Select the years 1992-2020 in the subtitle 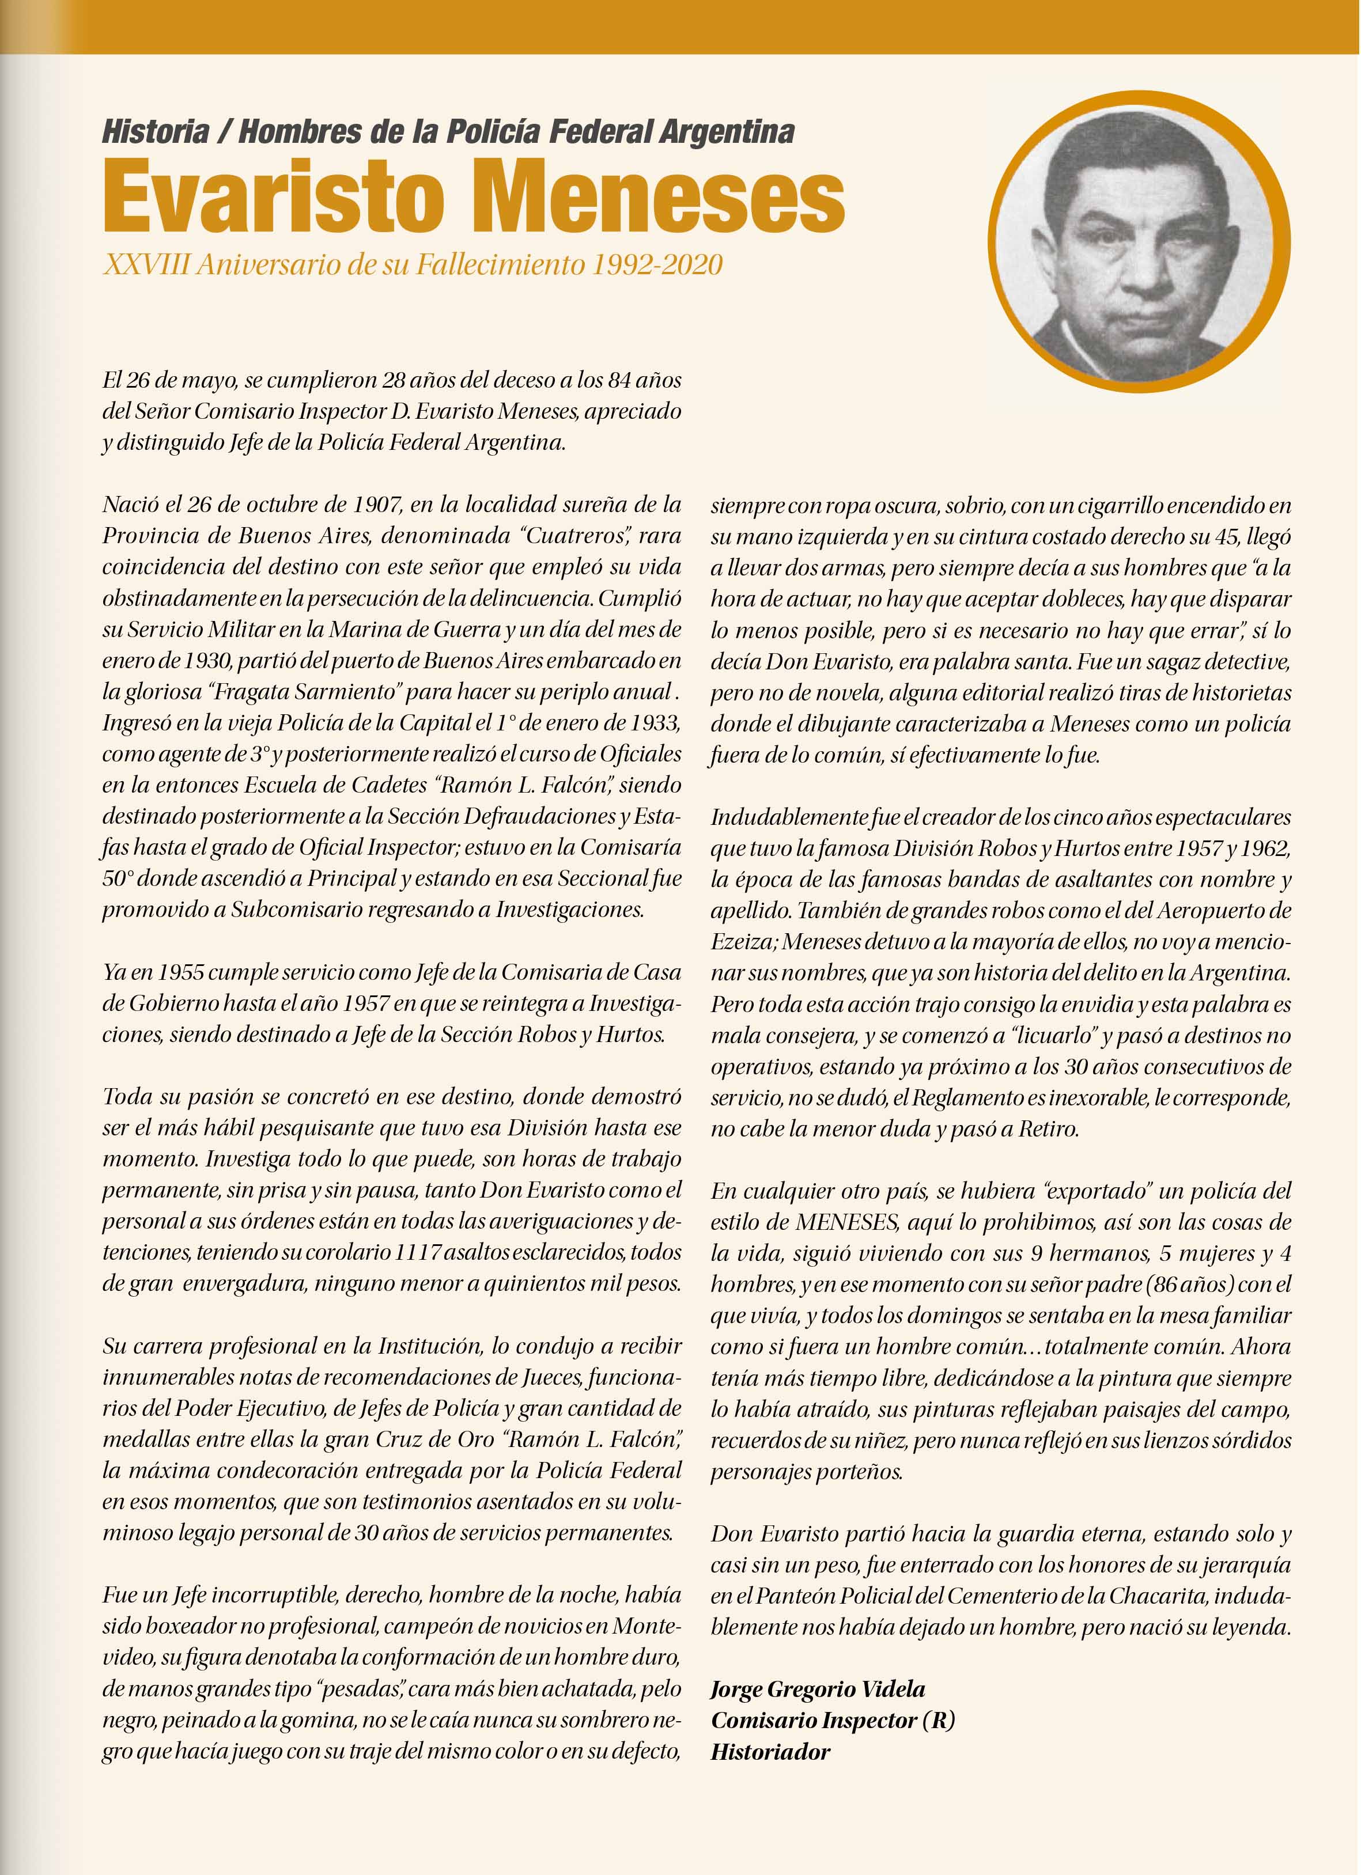pyautogui.click(x=657, y=264)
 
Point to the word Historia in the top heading pyautogui.click(x=156, y=131)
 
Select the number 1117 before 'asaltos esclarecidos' pyautogui.click(x=418, y=1252)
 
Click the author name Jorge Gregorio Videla pyautogui.click(x=818, y=1689)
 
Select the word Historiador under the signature pyautogui.click(x=770, y=1752)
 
